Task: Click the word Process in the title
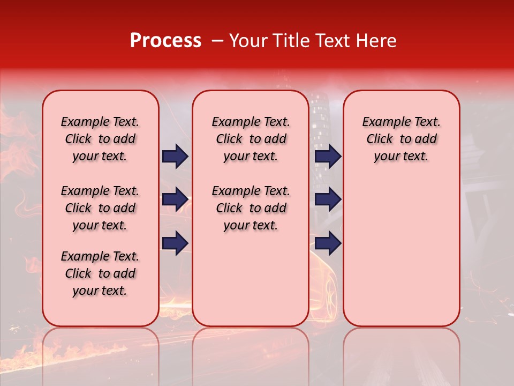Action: pyautogui.click(x=165, y=41)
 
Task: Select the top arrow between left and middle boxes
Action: pyautogui.click(x=175, y=157)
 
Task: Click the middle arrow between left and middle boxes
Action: pyautogui.click(x=175, y=199)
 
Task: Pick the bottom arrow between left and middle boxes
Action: pyautogui.click(x=175, y=243)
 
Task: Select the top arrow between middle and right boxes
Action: pyautogui.click(x=328, y=157)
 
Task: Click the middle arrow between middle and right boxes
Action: pyautogui.click(x=328, y=199)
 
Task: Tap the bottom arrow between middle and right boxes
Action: pyautogui.click(x=328, y=243)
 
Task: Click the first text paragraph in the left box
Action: pyautogui.click(x=100, y=139)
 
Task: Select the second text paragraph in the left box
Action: pyautogui.click(x=100, y=208)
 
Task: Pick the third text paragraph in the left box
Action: pyautogui.click(x=100, y=273)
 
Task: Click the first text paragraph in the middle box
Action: pyautogui.click(x=251, y=139)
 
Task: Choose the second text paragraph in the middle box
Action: pyautogui.click(x=251, y=208)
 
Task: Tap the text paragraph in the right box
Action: pyautogui.click(x=402, y=139)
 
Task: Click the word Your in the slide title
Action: pyautogui.click(x=248, y=41)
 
